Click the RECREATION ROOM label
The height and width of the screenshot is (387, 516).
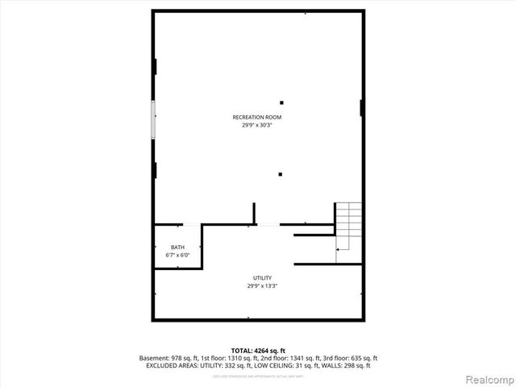(x=257, y=118)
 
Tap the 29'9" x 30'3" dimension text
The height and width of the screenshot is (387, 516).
(x=257, y=125)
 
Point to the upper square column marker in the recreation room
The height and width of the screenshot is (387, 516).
(x=281, y=102)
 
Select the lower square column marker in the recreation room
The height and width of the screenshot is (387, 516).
(x=281, y=173)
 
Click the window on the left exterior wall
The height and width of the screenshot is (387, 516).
(x=153, y=119)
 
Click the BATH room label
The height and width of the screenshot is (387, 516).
(x=177, y=248)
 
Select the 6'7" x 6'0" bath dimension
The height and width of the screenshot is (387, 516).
(x=177, y=256)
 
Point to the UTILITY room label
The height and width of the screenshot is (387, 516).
(x=262, y=278)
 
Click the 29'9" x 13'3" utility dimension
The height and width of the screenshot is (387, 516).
(x=262, y=285)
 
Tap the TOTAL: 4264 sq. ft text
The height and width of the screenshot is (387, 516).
(x=257, y=351)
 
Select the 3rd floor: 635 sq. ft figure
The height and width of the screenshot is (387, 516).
(x=354, y=358)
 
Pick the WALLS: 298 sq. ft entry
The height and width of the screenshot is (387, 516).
(x=344, y=365)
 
